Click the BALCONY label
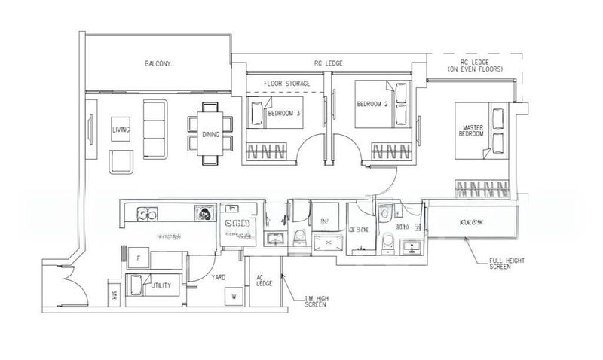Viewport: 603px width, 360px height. (x=158, y=64)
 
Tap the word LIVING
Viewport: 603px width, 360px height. (x=121, y=130)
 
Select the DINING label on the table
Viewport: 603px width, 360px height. (x=210, y=135)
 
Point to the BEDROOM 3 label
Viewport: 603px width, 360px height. (x=283, y=114)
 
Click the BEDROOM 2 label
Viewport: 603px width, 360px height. (x=372, y=104)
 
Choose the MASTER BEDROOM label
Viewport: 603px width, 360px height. (x=471, y=129)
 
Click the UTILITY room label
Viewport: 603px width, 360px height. (x=160, y=286)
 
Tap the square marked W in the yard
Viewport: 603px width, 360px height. (x=234, y=295)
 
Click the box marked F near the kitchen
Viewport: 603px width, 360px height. (x=138, y=258)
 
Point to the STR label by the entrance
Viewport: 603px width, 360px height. (x=114, y=292)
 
